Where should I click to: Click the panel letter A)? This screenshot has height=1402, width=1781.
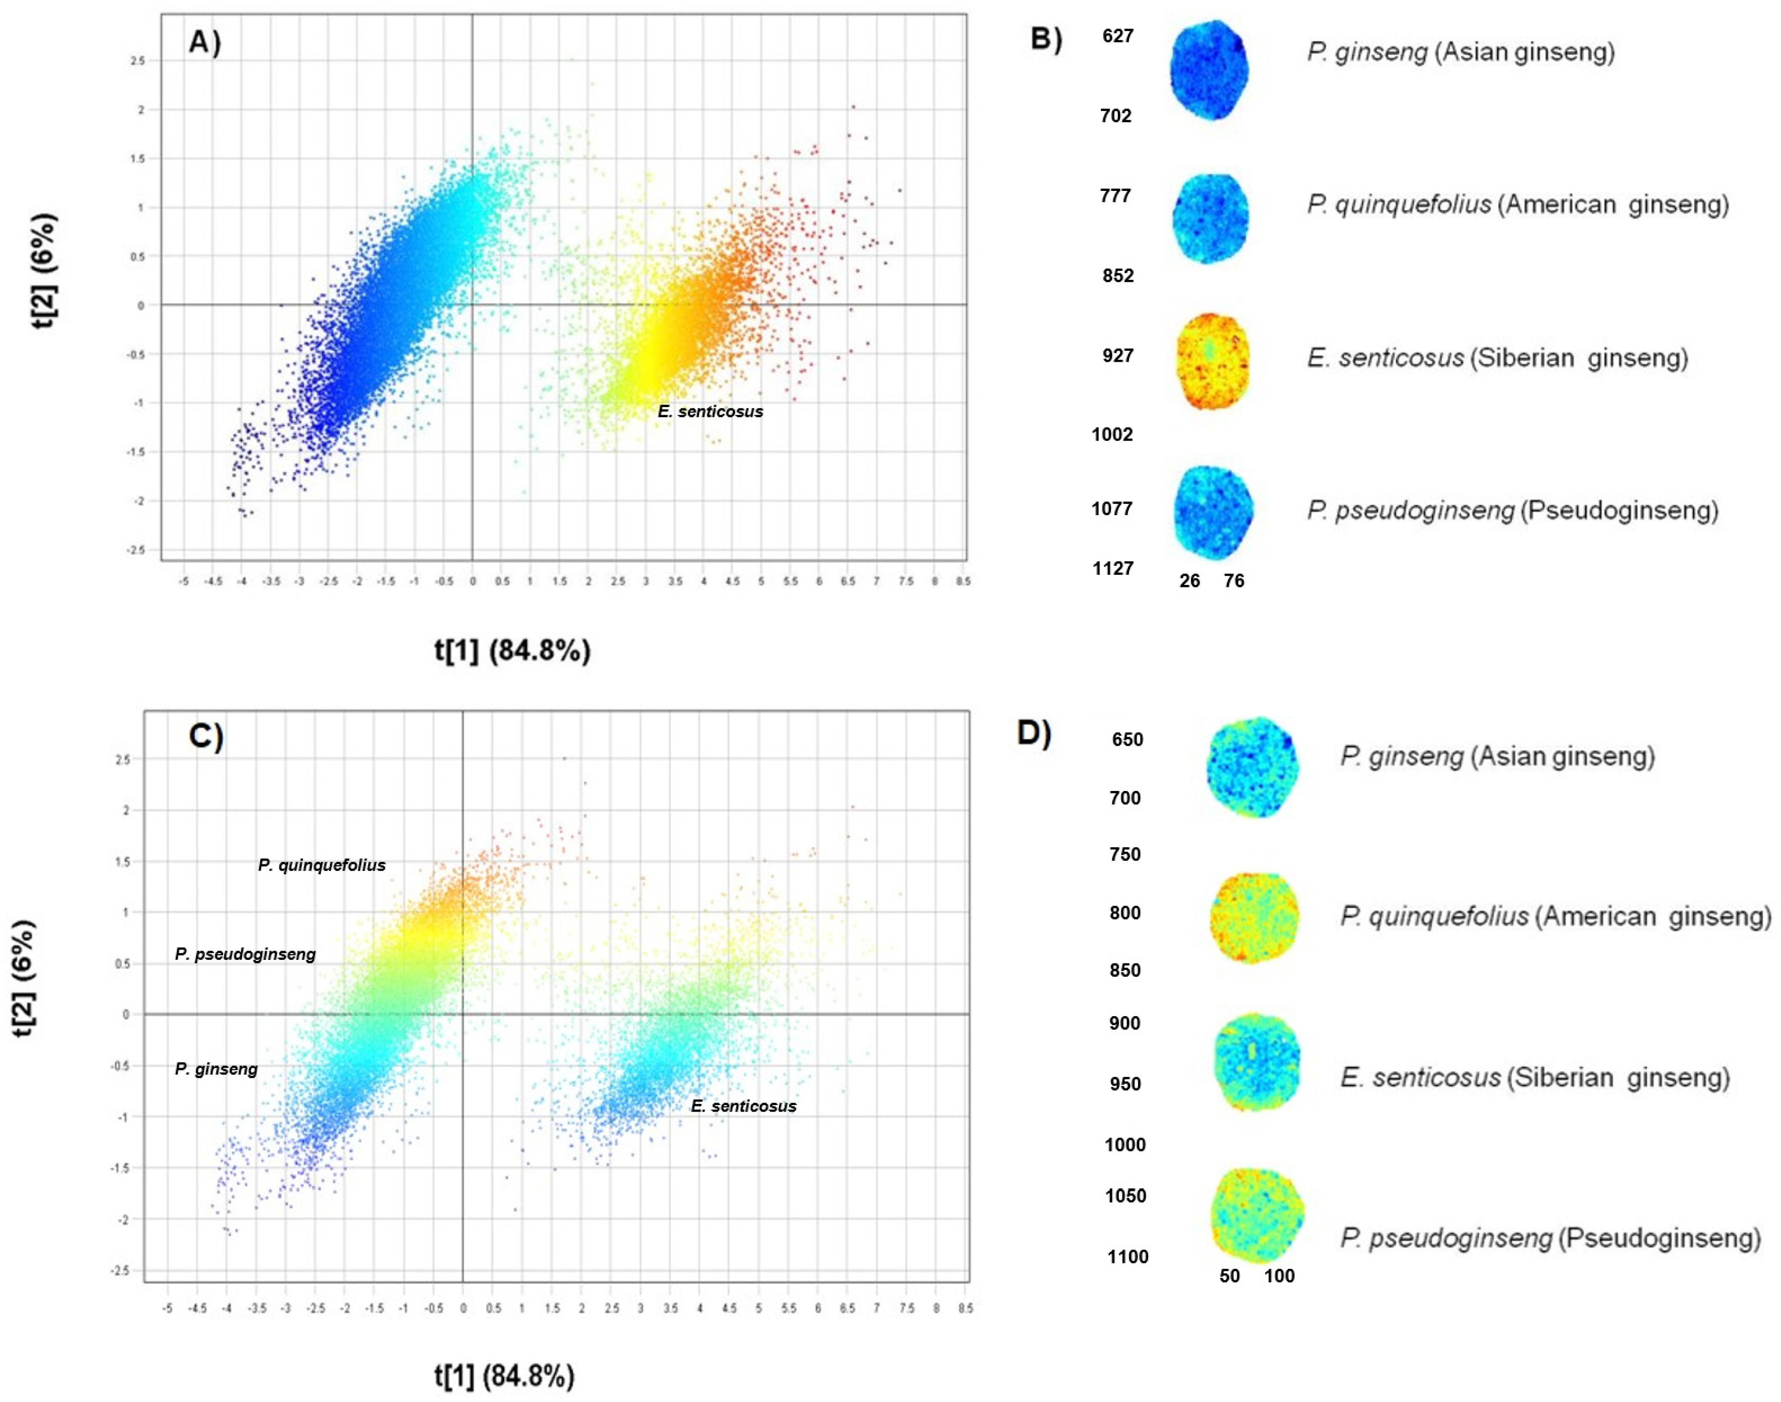coord(204,41)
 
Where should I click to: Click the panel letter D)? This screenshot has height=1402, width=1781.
coord(1033,733)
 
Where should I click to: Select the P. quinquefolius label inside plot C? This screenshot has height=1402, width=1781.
coord(321,865)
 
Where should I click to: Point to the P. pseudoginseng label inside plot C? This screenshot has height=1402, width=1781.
coord(245,955)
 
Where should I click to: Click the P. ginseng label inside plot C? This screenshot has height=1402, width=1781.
coord(216,1069)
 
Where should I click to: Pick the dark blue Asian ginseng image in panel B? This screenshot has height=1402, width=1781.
coord(1209,70)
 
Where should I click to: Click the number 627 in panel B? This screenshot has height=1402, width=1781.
coord(1118,36)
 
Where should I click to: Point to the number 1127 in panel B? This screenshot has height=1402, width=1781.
coord(1112,568)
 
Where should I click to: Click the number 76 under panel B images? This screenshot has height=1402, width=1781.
coord(1233,581)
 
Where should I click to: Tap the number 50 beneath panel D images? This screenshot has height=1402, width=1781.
coord(1229,1275)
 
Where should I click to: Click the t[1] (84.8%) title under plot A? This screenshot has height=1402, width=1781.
coord(512,651)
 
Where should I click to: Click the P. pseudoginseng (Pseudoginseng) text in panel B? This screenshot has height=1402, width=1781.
coord(1512,511)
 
